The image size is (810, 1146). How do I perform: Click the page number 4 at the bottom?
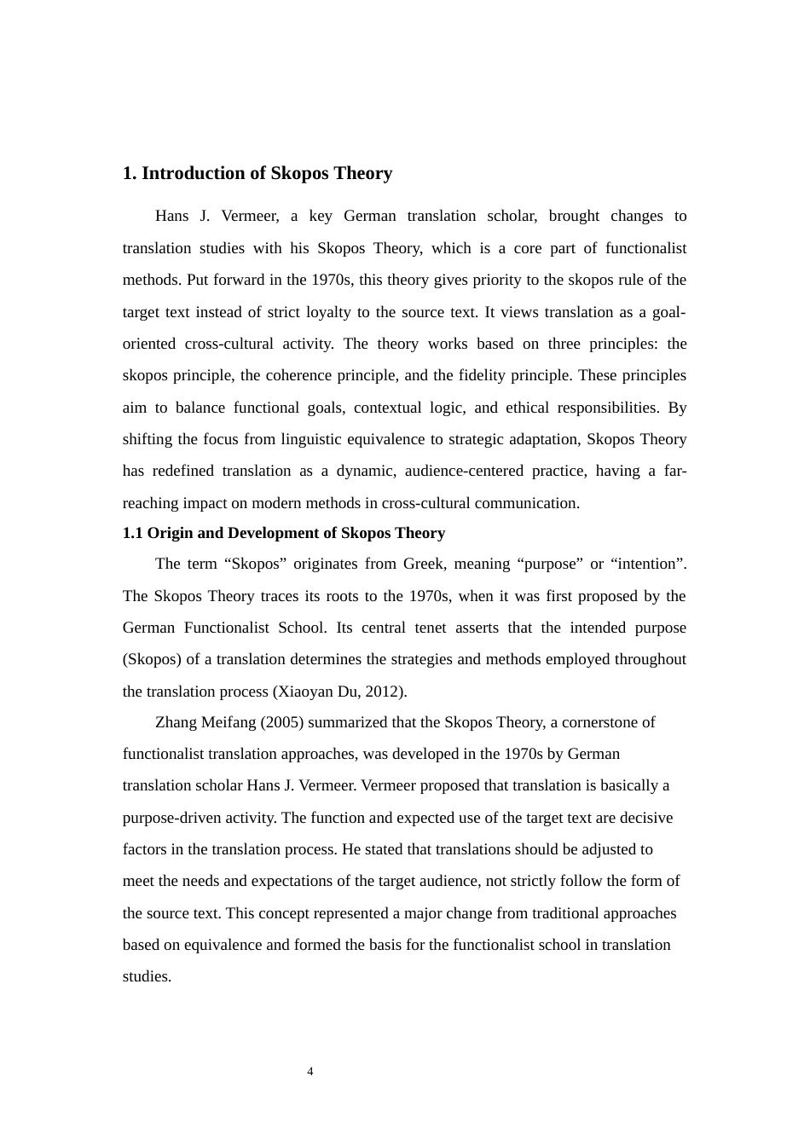310,1072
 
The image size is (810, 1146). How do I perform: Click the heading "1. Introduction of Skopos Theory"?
257,173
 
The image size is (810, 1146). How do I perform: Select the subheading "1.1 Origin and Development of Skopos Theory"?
283,533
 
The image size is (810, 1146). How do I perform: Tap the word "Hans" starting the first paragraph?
171,216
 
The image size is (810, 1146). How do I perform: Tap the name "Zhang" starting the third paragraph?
176,722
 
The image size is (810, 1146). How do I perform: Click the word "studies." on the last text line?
147,976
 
